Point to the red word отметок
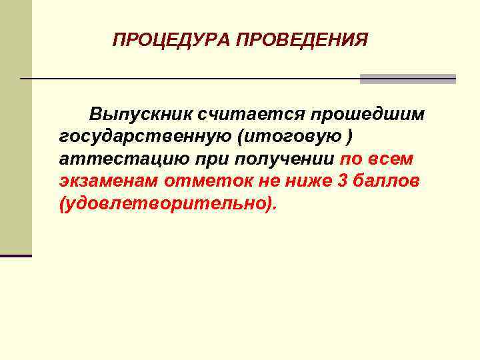click(x=217, y=181)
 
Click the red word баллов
click(x=388, y=181)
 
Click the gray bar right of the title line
click(x=407, y=79)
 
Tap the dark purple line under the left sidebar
click(x=16, y=255)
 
